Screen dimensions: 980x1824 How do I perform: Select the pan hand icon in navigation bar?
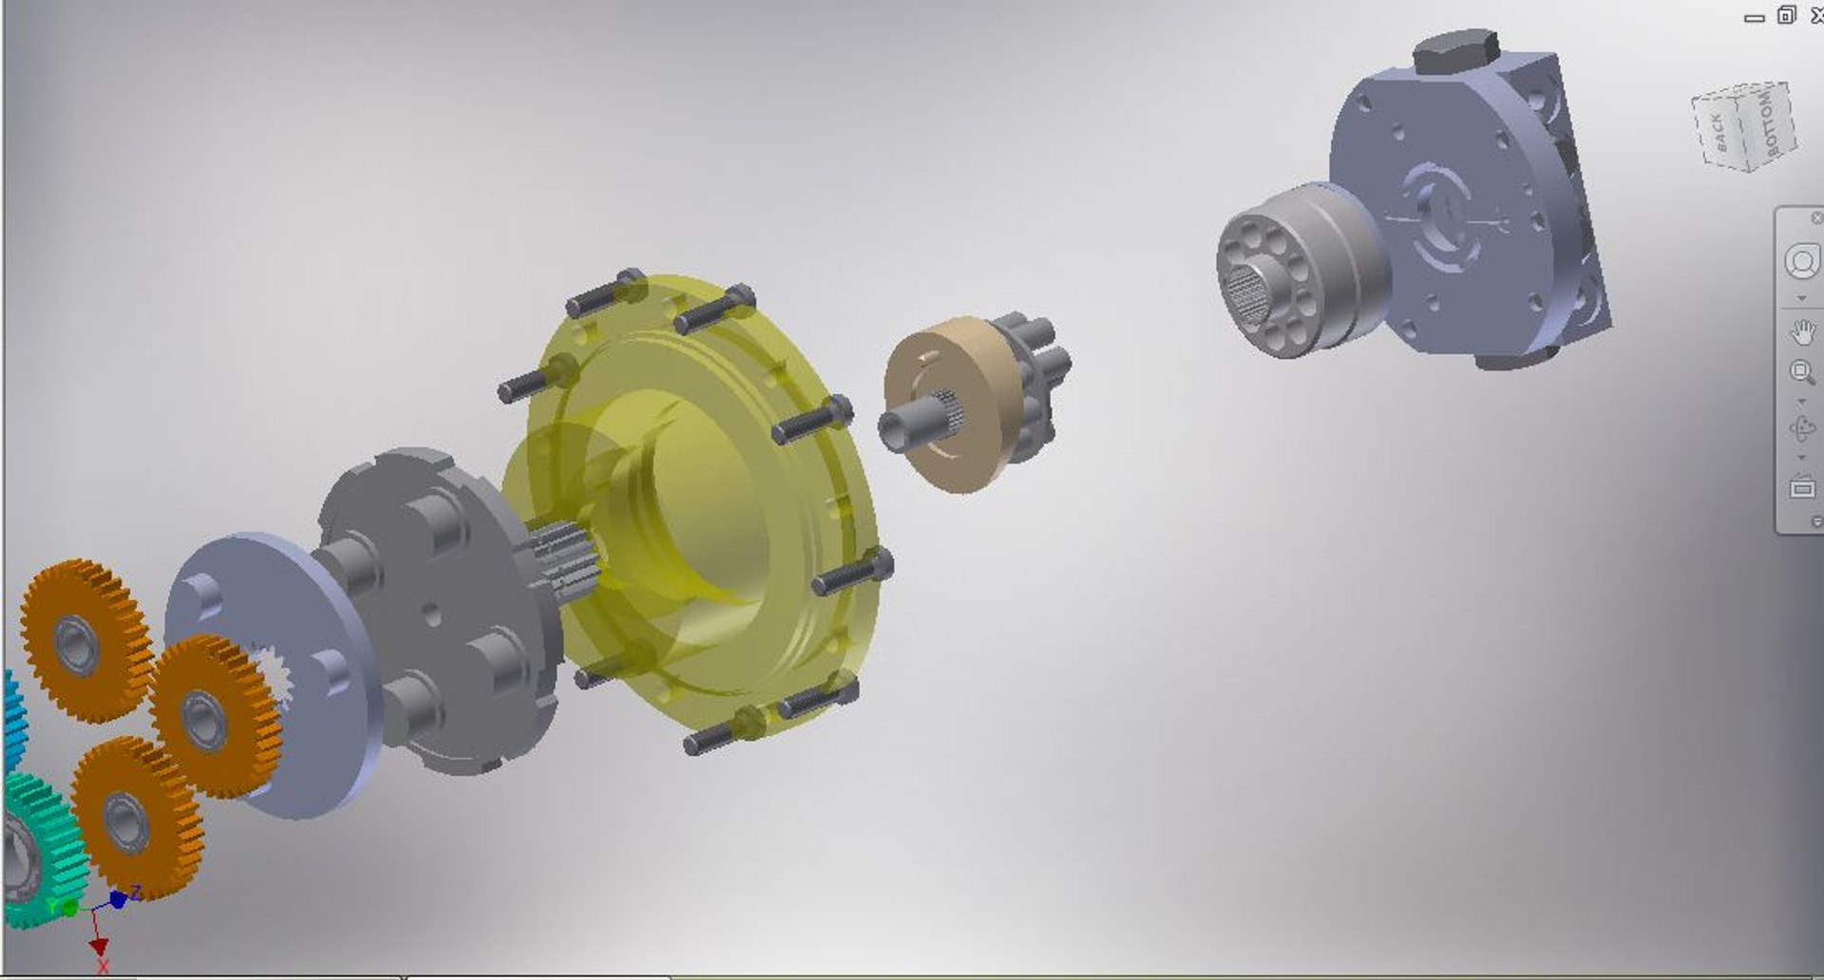1802,332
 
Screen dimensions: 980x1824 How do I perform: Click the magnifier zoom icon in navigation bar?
1801,371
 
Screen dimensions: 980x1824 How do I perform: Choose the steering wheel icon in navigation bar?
1801,261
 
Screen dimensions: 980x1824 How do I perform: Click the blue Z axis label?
136,892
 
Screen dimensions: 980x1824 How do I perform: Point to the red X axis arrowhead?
98,947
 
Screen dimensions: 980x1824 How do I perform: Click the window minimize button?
1754,17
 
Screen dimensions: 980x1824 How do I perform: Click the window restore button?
1786,15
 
